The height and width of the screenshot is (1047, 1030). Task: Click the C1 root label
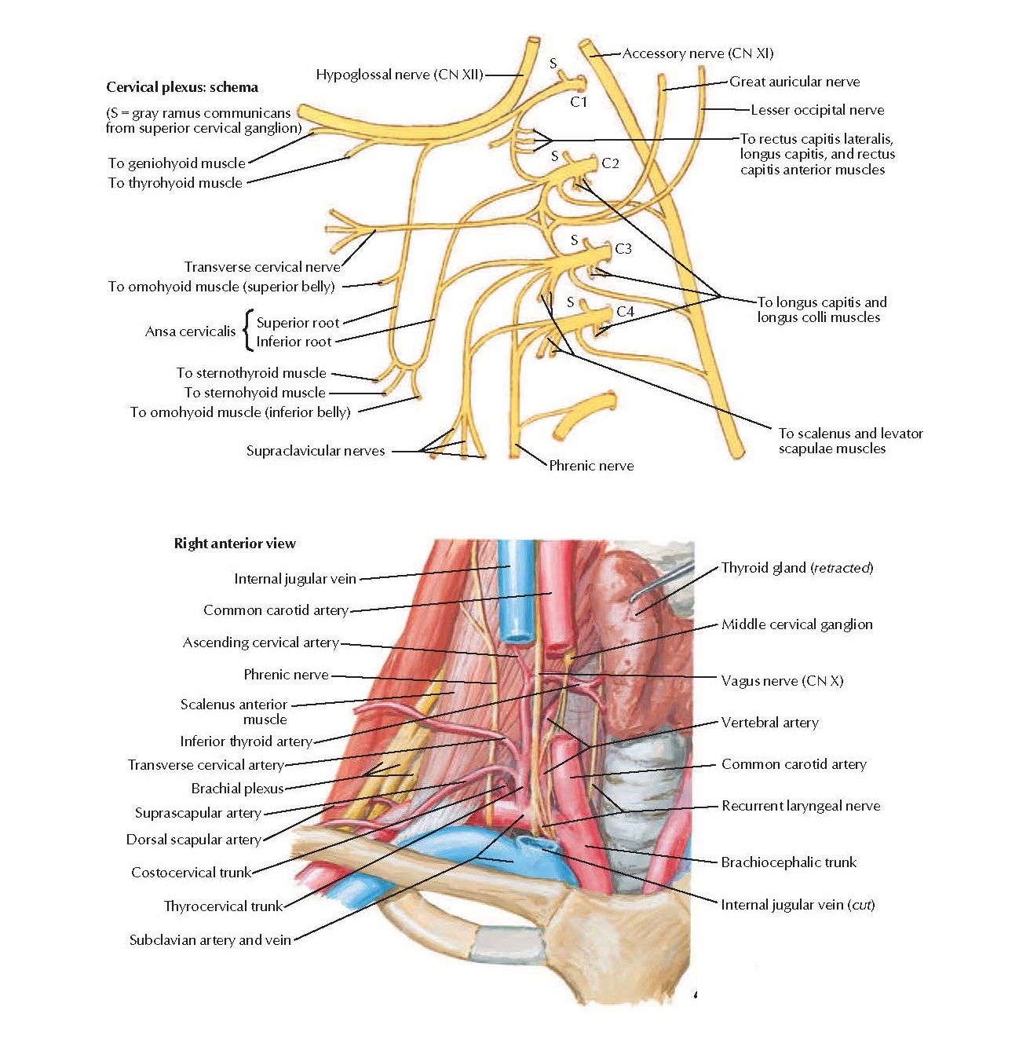coord(579,102)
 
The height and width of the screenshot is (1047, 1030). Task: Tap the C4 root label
coord(625,312)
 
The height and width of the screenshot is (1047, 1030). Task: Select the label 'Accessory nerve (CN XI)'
coord(697,53)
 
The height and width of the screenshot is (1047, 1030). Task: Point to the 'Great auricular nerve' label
coord(794,82)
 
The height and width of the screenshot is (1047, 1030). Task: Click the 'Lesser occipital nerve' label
coord(816,110)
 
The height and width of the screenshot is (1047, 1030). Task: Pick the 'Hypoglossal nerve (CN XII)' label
coord(399,75)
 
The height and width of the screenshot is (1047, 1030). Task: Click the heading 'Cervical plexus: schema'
coord(182,87)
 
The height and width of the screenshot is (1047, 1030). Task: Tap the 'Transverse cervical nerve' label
coord(262,266)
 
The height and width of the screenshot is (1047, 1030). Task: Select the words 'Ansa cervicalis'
coord(190,331)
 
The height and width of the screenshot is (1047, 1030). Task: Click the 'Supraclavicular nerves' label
coord(316,451)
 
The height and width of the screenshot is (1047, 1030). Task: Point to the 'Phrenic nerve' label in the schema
coord(591,466)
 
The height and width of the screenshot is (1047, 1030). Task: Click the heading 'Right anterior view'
coord(235,544)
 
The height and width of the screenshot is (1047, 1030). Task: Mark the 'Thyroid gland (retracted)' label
coord(797,568)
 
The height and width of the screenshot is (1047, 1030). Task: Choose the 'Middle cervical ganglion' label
coord(797,624)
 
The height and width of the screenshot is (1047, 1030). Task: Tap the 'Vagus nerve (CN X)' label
coord(782,681)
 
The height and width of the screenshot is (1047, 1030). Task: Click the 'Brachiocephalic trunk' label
coord(788,862)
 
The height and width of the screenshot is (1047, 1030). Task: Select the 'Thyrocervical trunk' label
coord(223,906)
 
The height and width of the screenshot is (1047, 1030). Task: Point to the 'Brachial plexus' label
coord(237,789)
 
